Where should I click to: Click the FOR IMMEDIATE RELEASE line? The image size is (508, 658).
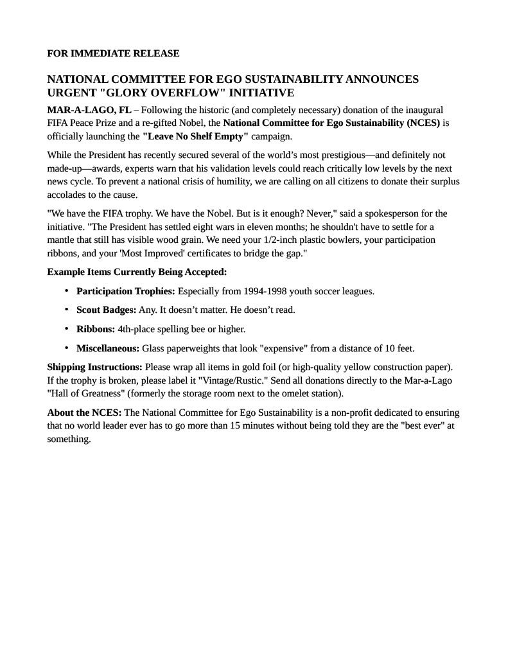tap(113, 53)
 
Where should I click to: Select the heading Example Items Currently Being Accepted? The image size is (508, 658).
tap(137, 272)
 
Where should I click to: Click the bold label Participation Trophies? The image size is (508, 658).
tap(126, 291)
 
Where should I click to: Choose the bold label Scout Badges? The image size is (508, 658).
tap(106, 310)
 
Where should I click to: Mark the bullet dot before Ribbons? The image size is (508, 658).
tap(67, 328)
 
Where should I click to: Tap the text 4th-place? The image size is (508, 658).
tap(137, 329)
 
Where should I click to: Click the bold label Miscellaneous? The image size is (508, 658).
tap(108, 348)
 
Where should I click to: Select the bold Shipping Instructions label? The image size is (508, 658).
tap(95, 367)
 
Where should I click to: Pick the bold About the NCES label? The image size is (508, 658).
tap(84, 413)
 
